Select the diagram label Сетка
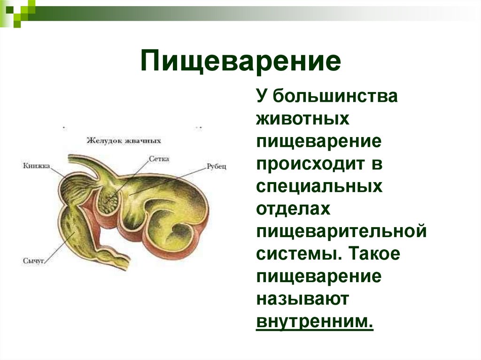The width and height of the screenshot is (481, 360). [x=159, y=159]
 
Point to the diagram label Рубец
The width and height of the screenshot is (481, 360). [x=217, y=167]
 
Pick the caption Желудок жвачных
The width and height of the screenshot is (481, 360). [x=124, y=140]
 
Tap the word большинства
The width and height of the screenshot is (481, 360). [x=335, y=96]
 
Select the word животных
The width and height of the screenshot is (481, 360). [x=303, y=119]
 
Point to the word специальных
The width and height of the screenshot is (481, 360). [x=319, y=186]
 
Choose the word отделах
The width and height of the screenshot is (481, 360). [x=293, y=209]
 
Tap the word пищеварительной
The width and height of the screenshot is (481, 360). [x=341, y=231]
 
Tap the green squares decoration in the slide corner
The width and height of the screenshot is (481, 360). [x=17, y=11]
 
